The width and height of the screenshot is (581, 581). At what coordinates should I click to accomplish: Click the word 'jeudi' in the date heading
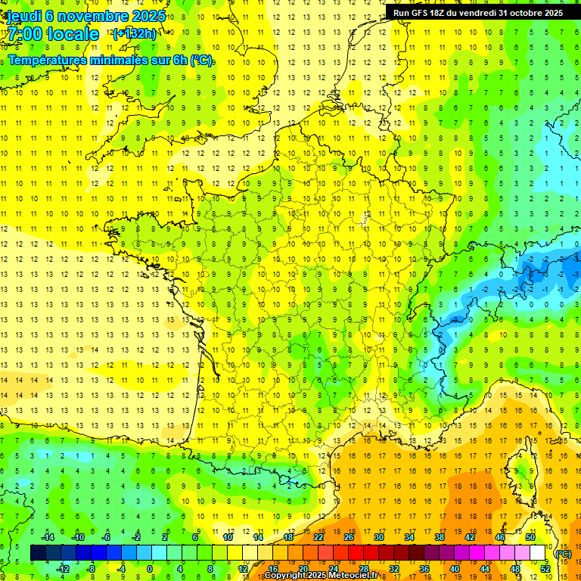click(x=23, y=15)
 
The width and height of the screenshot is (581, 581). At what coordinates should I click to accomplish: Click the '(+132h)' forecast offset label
click(x=134, y=33)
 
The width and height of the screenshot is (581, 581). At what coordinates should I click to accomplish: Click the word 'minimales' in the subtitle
click(x=117, y=61)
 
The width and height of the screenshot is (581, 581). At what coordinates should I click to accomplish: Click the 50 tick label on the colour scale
click(x=530, y=537)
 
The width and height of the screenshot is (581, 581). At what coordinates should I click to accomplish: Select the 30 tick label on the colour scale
click(x=379, y=537)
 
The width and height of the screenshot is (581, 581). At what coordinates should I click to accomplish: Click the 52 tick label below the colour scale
click(x=545, y=569)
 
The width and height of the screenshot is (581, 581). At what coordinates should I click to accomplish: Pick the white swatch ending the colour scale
click(x=538, y=553)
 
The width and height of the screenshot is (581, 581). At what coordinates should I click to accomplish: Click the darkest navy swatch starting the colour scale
click(x=38, y=553)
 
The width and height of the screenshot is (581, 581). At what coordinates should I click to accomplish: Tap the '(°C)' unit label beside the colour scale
click(x=564, y=554)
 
